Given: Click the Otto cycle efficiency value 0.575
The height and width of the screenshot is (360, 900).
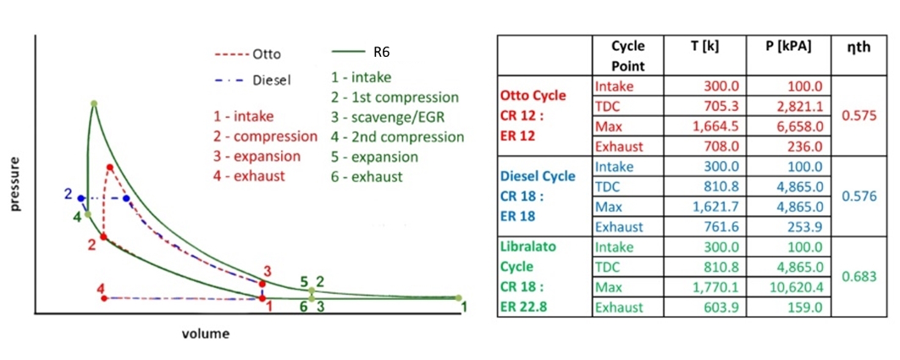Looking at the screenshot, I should (x=858, y=116).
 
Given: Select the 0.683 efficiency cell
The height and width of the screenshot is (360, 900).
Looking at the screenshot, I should (x=858, y=276).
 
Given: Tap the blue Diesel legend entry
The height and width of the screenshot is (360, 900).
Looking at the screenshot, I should (x=251, y=80).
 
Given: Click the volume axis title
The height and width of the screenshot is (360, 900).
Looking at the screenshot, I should (x=206, y=334).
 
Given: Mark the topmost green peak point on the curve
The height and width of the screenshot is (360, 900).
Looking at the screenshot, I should (x=94, y=103).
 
